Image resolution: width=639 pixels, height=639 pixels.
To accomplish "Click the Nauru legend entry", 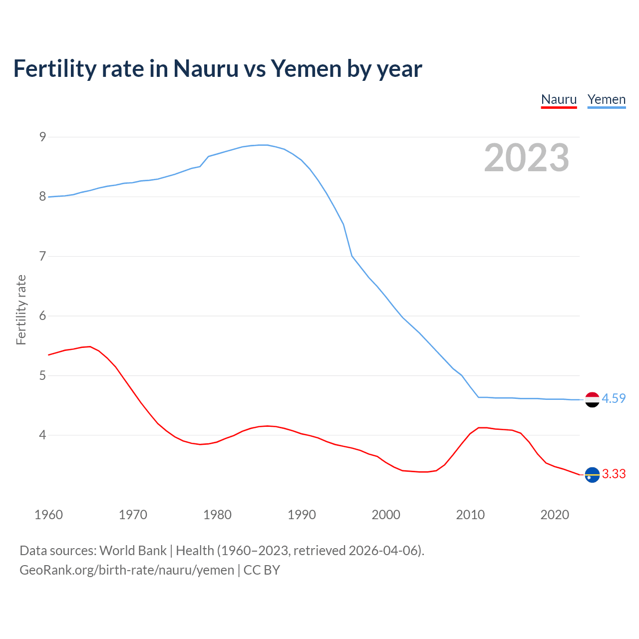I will click(559, 99).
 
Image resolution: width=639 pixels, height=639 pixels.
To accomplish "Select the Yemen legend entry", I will click(606, 99).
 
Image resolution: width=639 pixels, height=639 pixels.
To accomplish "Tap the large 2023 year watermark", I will click(526, 158).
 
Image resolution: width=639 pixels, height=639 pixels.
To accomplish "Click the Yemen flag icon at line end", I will click(592, 399).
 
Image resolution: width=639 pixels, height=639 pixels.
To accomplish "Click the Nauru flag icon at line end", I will click(592, 475).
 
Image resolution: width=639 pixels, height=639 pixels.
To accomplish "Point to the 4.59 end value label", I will click(614, 398).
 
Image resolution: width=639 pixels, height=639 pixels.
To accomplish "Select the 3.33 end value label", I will click(614, 474).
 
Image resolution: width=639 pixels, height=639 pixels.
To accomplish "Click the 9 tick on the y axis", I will click(42, 137).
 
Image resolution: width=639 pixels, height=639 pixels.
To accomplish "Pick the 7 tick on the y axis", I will click(42, 256).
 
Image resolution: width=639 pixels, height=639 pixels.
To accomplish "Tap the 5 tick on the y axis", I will click(42, 375).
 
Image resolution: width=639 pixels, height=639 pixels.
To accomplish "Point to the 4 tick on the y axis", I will click(42, 435).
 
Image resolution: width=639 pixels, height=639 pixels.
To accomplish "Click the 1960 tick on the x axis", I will click(48, 515).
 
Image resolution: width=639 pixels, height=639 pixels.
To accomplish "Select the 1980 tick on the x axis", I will click(217, 515).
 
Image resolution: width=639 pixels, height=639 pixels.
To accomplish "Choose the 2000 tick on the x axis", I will click(386, 515).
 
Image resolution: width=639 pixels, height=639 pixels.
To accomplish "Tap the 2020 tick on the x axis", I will click(555, 515).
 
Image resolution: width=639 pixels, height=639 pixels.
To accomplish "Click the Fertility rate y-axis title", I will click(21, 310).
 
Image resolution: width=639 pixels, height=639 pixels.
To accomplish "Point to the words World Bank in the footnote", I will click(133, 551).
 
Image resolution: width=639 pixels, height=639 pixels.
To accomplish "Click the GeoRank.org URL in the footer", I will click(127, 570).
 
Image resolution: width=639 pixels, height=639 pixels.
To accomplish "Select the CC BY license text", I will click(262, 570).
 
